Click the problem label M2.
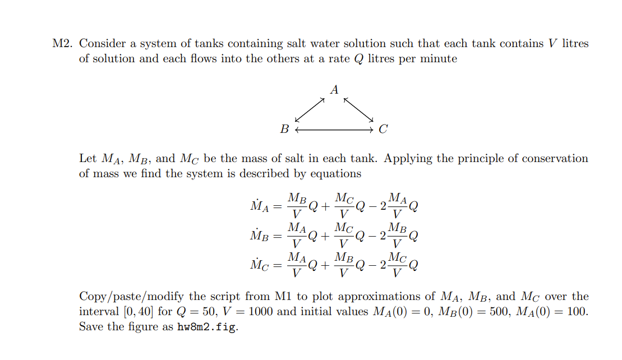click(61, 44)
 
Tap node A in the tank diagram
click(335, 90)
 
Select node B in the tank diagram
click(285, 130)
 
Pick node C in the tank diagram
click(383, 130)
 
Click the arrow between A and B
click(310, 109)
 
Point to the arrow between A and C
click(359, 109)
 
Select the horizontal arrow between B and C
click(334, 130)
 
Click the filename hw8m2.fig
click(208, 327)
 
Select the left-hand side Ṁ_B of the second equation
click(260, 236)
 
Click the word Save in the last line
click(90, 327)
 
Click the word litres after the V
click(575, 44)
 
